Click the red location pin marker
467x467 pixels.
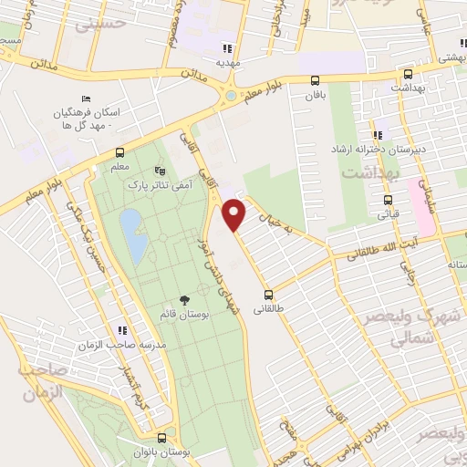235,214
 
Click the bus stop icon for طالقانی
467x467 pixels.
268,294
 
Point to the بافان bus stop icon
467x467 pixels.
315,80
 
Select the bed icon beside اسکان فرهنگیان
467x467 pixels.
86,99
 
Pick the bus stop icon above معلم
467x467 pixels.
119,152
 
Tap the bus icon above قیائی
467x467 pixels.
388,201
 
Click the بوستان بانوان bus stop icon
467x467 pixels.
161,437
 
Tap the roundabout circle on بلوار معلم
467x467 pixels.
231,95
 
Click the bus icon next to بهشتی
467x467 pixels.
408,76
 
